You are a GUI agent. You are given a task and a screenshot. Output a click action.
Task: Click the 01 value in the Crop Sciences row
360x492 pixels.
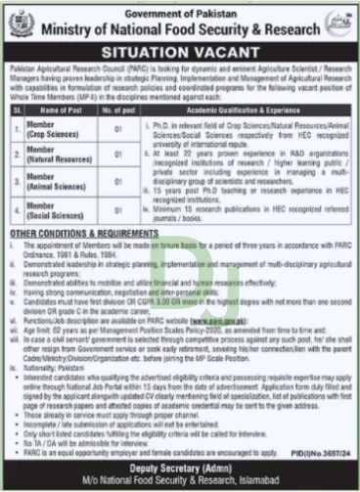(117, 131)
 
